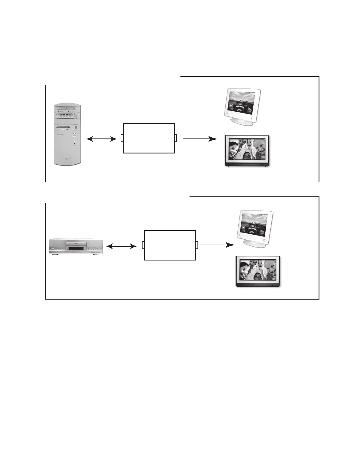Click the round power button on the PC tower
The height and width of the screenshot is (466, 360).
pyautogui.click(x=74, y=135)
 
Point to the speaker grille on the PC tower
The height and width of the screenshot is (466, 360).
pyautogui.click(x=68, y=159)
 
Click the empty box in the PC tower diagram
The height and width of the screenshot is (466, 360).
pyautogui.click(x=149, y=138)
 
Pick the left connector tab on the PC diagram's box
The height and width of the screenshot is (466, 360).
pyautogui.click(x=122, y=138)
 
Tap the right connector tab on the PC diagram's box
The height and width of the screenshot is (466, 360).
pyautogui.click(x=176, y=138)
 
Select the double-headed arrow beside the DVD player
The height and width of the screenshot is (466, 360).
pyautogui.click(x=121, y=246)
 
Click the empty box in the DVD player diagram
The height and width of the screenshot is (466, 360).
pyautogui.click(x=170, y=245)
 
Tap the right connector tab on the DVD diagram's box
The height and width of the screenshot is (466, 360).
pyautogui.click(x=197, y=245)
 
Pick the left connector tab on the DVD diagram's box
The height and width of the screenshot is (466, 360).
pyautogui.click(x=143, y=245)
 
